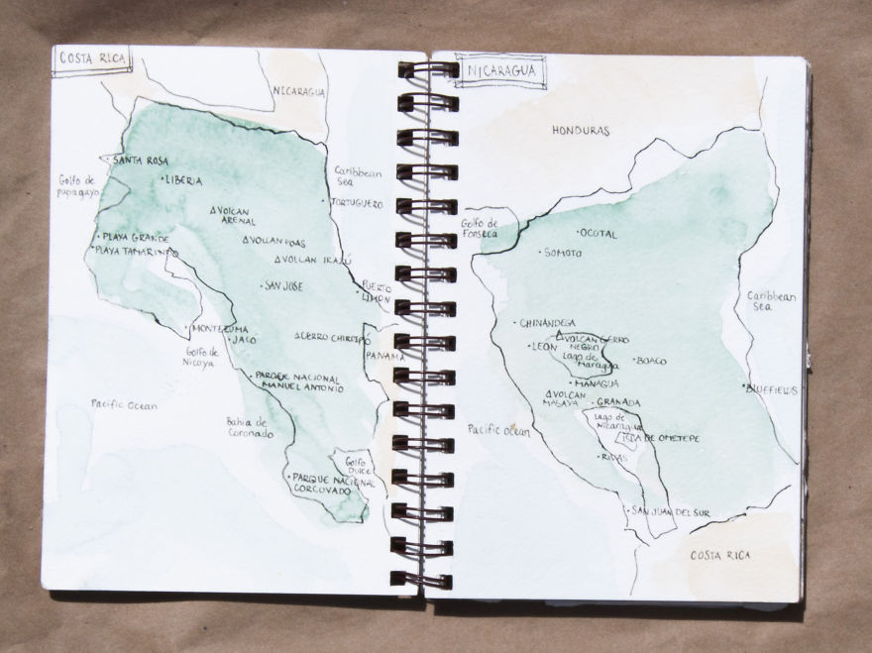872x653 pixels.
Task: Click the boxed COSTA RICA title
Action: [x=93, y=58]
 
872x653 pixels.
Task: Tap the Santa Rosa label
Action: [x=140, y=161]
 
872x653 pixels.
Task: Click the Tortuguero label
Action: [x=356, y=203]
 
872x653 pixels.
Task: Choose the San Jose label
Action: [x=283, y=286]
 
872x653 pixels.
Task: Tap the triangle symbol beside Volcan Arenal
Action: [x=215, y=211]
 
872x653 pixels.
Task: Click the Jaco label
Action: [x=244, y=340]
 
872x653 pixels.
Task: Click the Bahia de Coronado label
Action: [x=249, y=427]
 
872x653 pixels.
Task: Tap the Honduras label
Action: [x=581, y=131]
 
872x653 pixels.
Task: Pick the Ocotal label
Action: [x=599, y=235]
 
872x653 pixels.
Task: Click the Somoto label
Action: [x=563, y=254]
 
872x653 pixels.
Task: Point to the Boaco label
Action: [x=651, y=362]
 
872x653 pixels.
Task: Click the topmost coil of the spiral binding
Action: [x=427, y=70]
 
